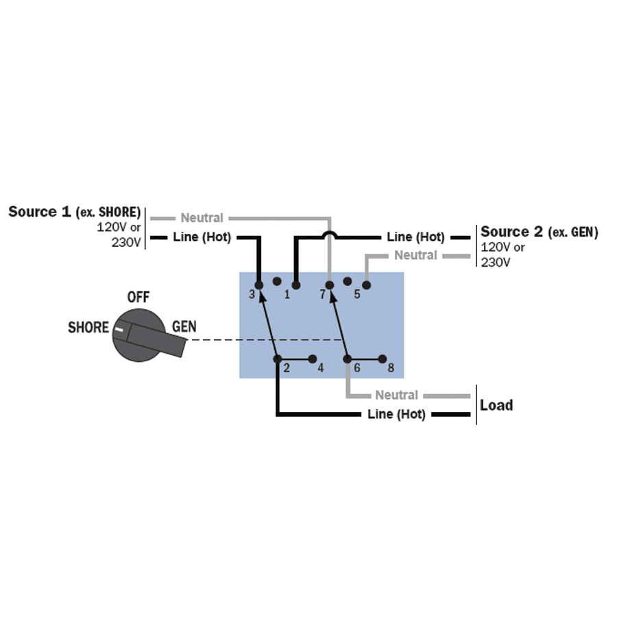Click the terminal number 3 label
tap(252, 295)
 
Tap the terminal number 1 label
tap(287, 295)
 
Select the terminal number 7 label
tap(322, 295)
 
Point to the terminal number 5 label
tap(356, 295)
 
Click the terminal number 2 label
tap(287, 368)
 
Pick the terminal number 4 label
tap(320, 368)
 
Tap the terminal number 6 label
tap(356, 368)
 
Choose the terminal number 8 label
tap(391, 368)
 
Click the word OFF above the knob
tap(138, 298)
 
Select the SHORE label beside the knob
tap(88, 328)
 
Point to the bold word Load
tap(496, 404)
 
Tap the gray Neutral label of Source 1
tap(202, 218)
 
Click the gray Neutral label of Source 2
tap(415, 255)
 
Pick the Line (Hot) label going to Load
tap(396, 414)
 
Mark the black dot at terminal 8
tap(382, 359)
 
